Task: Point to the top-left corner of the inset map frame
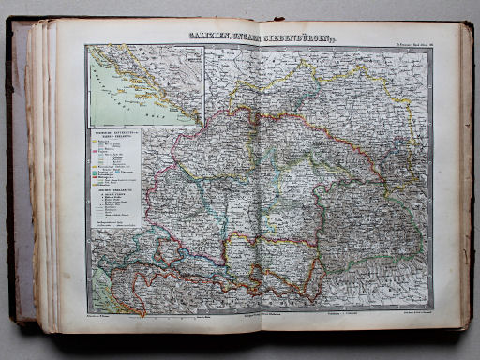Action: (86, 50)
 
